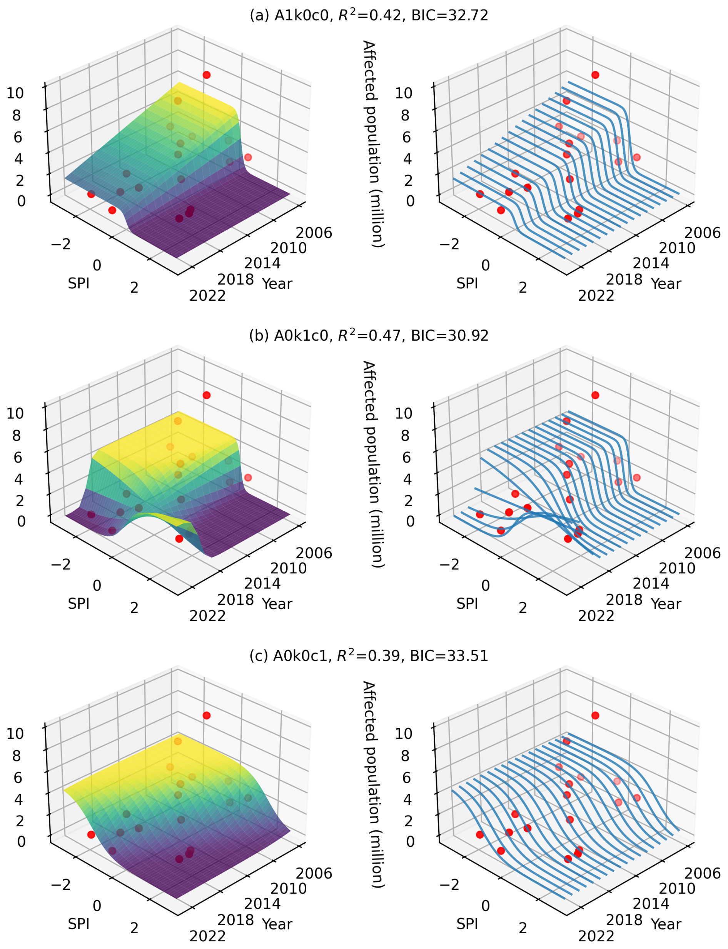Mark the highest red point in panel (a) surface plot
tap(207, 75)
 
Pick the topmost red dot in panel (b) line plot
tap(595, 395)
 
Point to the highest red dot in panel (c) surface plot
tap(207, 716)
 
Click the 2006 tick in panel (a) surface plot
tap(314, 233)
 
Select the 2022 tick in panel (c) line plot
tap(596, 936)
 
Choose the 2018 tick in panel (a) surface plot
tap(235, 279)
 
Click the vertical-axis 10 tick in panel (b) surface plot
tap(15, 413)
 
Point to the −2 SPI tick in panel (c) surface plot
tap(61, 884)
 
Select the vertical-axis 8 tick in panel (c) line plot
tap(405, 756)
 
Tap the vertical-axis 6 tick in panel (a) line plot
tap(406, 137)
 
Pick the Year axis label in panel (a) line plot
tap(666, 283)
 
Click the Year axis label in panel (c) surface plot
tap(277, 924)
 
